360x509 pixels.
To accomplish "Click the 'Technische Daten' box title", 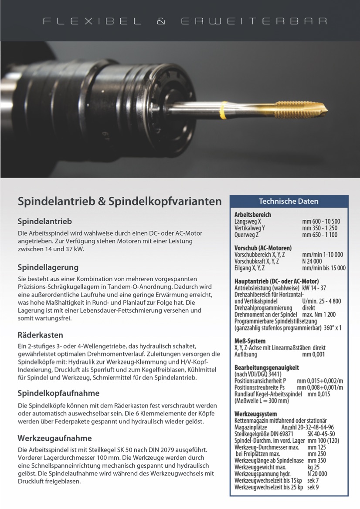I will tap(289, 201).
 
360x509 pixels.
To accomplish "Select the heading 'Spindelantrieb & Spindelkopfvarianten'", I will tap(119, 202).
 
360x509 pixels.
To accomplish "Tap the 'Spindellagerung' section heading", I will tap(48, 267).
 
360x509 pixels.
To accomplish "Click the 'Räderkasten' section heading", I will tap(40, 335).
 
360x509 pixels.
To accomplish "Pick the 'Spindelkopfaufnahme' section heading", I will tap(58, 393).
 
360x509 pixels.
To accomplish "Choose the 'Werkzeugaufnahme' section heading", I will tap(54, 438).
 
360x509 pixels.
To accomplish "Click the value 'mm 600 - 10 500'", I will tap(321, 222).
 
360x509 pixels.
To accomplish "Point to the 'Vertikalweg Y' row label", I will tap(250, 228).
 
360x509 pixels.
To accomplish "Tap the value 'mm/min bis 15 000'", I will tap(323, 268).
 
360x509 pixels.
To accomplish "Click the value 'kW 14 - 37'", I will tap(314, 288).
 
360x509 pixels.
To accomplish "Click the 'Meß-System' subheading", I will tap(250, 341).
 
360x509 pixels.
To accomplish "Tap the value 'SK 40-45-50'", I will tap(321, 434).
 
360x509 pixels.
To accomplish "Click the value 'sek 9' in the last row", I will tap(312, 487).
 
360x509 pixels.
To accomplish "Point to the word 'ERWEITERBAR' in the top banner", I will tap(253, 21).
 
